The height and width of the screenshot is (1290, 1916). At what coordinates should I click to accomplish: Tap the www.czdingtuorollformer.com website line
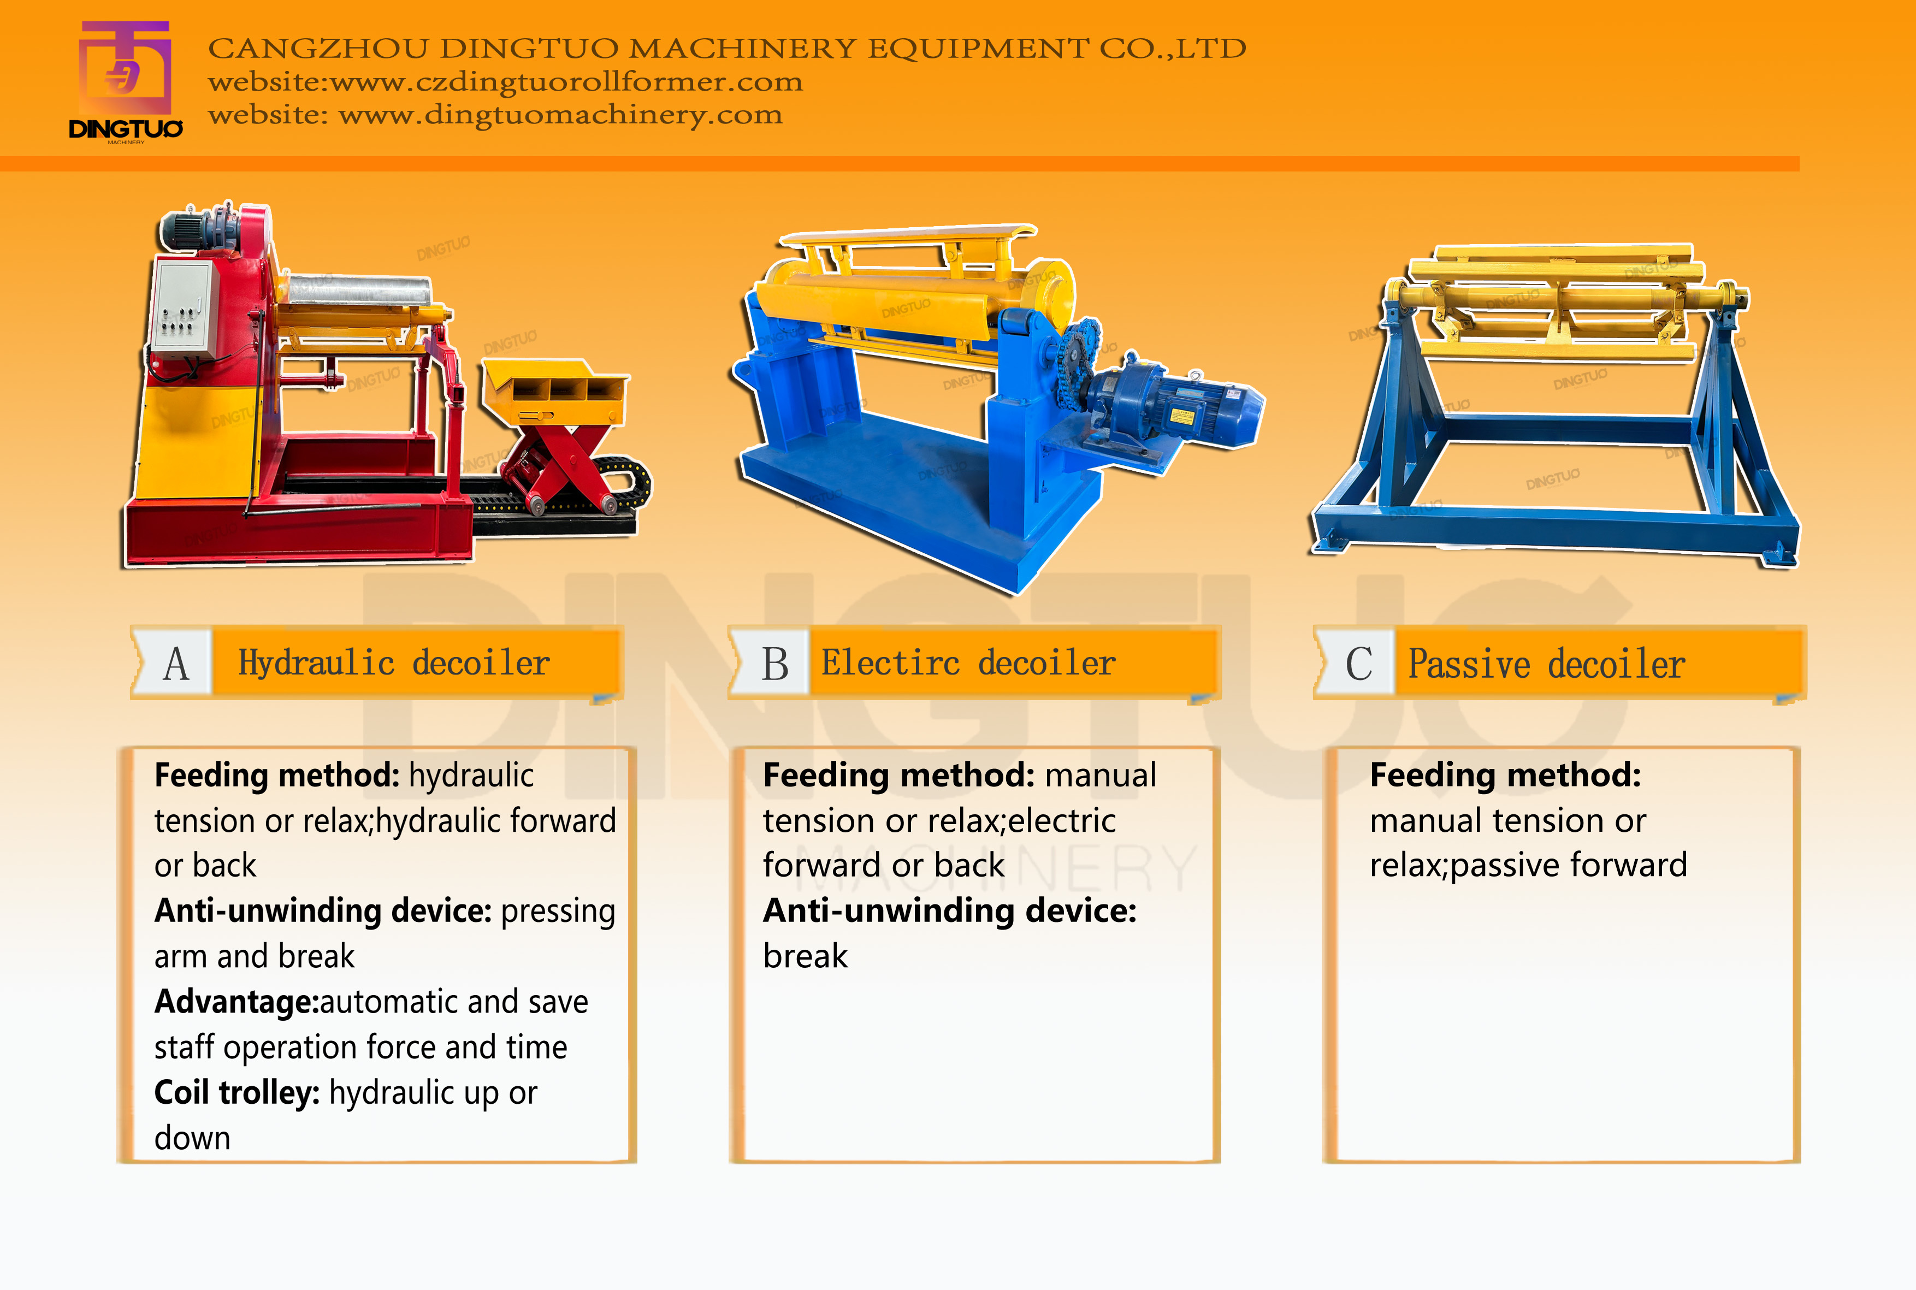pyautogui.click(x=505, y=82)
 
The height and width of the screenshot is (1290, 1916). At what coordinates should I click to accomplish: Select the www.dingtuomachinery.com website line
pyautogui.click(x=495, y=114)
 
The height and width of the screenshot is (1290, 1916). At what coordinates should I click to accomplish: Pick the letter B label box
pyautogui.click(x=774, y=663)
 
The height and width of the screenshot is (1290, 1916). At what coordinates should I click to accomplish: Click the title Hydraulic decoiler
pyautogui.click(x=394, y=663)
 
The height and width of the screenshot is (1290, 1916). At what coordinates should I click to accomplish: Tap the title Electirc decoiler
pyautogui.click(x=968, y=663)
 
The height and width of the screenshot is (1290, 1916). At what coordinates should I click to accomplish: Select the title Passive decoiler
pyautogui.click(x=1547, y=664)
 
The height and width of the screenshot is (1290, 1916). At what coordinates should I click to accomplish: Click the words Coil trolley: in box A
pyautogui.click(x=237, y=1092)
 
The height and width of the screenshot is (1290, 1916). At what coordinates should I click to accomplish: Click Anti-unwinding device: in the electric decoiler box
pyautogui.click(x=949, y=911)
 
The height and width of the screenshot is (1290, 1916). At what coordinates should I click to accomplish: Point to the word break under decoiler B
pyautogui.click(x=805, y=956)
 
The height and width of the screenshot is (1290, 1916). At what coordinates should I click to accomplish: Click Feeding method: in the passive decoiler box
pyautogui.click(x=1505, y=775)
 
